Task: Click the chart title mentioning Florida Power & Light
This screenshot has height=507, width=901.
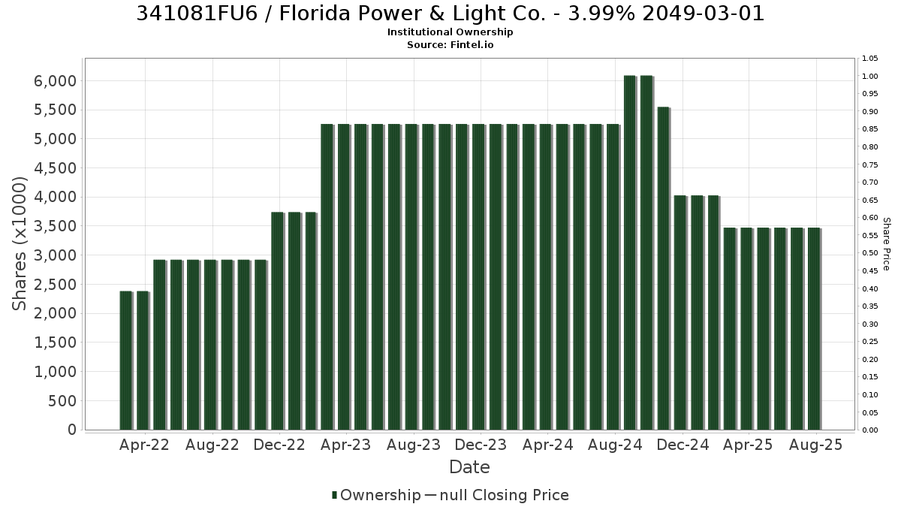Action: click(x=450, y=14)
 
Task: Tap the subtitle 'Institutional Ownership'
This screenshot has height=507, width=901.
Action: click(x=450, y=32)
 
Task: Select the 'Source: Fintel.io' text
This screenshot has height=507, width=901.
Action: click(x=450, y=44)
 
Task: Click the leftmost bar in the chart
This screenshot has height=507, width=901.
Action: click(x=126, y=361)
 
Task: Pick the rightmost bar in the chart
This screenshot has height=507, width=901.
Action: click(x=814, y=329)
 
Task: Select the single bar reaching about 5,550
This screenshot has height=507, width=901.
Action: click(x=663, y=268)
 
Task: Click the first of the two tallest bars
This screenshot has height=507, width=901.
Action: click(x=630, y=252)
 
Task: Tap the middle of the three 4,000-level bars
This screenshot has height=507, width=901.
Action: click(x=697, y=312)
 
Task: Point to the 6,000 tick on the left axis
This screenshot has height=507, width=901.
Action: click(x=55, y=81)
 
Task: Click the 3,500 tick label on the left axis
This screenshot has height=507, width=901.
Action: click(x=55, y=226)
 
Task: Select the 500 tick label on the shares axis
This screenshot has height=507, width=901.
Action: click(x=62, y=401)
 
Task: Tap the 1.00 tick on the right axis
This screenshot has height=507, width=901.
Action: click(x=869, y=77)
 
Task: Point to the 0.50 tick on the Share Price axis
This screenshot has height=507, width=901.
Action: click(x=869, y=253)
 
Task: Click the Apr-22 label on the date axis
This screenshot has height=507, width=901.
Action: click(x=144, y=445)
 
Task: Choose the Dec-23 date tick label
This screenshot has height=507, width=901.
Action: click(x=481, y=445)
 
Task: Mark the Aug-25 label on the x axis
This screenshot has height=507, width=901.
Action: click(x=815, y=445)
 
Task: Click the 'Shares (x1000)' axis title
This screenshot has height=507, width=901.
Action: click(x=19, y=244)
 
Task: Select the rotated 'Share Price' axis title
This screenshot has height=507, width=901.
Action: click(x=886, y=244)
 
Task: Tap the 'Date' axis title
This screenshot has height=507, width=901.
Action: click(x=469, y=467)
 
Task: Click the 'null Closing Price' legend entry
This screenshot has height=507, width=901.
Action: click(x=505, y=495)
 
